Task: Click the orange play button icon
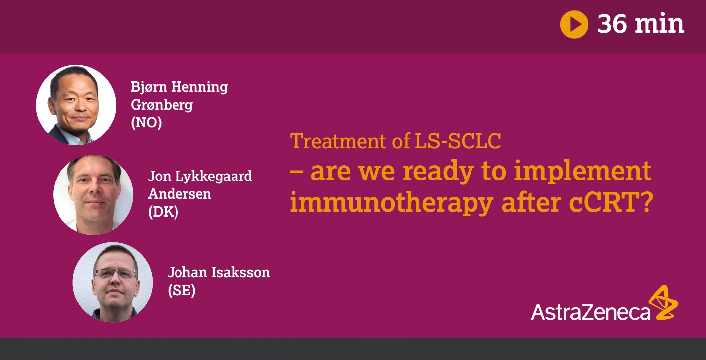574,24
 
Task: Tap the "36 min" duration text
641,24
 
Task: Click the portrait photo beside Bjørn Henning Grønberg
76,105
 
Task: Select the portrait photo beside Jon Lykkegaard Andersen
93,194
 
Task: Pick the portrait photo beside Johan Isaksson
113,282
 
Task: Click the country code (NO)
147,122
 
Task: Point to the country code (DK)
163,212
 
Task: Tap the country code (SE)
181,290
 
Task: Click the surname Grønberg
162,105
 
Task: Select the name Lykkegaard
214,177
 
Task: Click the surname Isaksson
240,272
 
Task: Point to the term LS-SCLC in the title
458,141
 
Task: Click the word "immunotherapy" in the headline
392,203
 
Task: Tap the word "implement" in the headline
583,171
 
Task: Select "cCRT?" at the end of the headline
611,202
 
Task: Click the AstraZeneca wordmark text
590,312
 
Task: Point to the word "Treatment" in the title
338,141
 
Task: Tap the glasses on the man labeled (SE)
116,273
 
